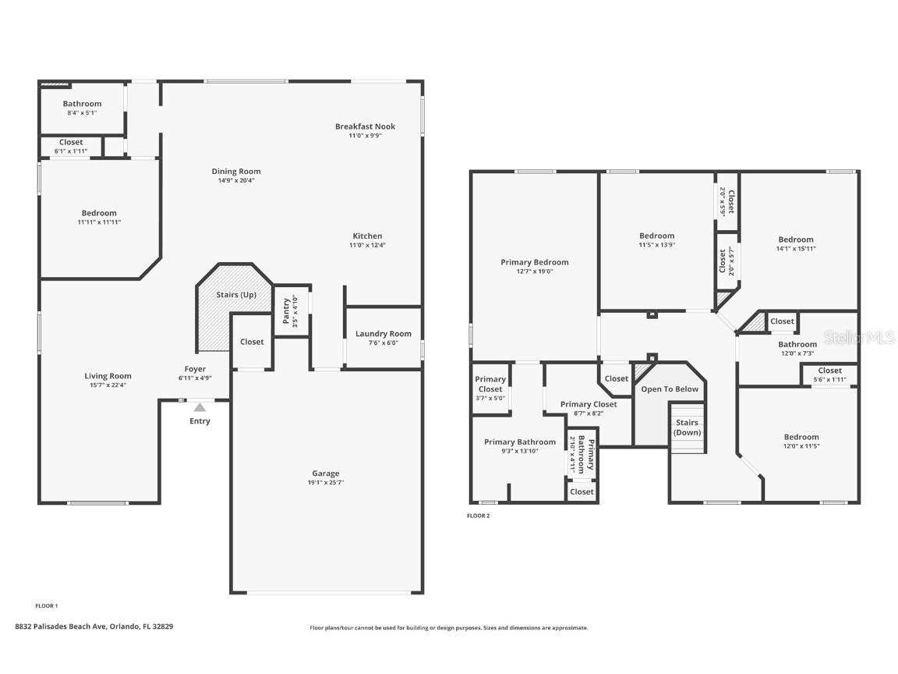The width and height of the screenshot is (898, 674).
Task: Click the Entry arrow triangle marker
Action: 200,406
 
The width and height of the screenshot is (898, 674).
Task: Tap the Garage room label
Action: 326,474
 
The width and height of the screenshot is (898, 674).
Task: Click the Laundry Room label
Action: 383,334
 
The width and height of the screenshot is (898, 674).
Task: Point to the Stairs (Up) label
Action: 236,295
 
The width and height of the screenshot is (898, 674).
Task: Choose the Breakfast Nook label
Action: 365,126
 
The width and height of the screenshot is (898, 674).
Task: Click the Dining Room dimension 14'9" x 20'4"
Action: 236,180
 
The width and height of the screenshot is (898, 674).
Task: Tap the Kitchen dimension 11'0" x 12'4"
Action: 367,245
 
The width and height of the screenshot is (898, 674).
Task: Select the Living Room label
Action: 108,376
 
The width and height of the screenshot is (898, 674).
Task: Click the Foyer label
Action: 195,369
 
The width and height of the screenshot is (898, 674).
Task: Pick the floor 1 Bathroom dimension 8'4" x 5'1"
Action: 82,113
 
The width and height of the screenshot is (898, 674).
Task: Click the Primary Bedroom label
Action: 534,262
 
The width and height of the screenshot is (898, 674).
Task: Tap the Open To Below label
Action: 670,388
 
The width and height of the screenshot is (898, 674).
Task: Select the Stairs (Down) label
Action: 687,427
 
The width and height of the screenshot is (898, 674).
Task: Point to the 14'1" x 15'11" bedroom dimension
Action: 795,249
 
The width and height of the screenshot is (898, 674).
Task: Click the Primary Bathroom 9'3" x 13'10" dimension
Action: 520,451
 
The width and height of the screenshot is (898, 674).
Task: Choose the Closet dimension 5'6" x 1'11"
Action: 829,380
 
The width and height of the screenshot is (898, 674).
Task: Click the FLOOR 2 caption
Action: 478,516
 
